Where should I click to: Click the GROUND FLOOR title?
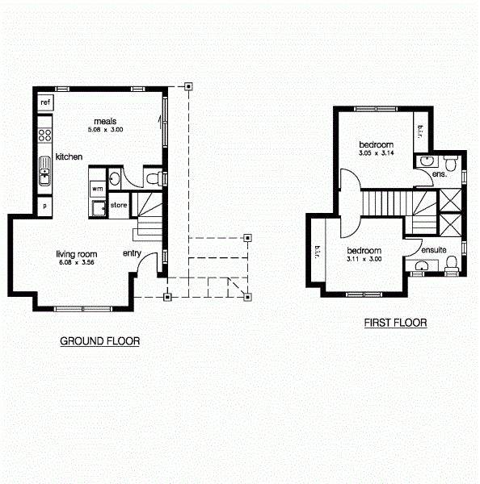click(x=100, y=341)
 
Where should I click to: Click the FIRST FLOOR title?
click(x=395, y=323)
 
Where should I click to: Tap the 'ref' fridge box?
click(x=45, y=102)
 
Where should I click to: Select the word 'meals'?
click(x=105, y=121)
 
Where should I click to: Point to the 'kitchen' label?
click(x=69, y=157)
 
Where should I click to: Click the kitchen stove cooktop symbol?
click(x=45, y=136)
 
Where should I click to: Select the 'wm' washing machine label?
click(x=98, y=188)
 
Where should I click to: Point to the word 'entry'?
click(x=133, y=254)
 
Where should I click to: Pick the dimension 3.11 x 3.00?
click(x=364, y=259)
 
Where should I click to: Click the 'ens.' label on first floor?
click(x=439, y=174)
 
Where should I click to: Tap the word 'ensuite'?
click(x=433, y=251)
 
